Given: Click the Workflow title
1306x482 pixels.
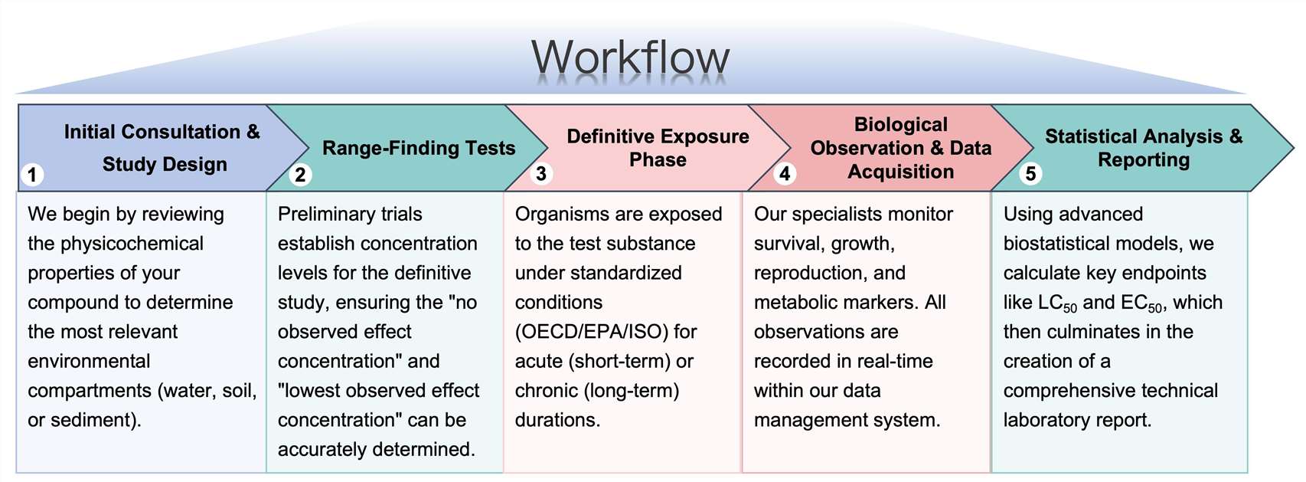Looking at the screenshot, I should [630, 57].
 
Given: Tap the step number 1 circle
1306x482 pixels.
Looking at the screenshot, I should [32, 175].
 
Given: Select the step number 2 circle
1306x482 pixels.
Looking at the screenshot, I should [300, 175].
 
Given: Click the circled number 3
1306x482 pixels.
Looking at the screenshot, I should [541, 174].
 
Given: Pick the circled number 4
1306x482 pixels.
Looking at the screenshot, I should [785, 174].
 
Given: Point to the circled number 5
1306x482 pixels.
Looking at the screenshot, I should [1030, 174].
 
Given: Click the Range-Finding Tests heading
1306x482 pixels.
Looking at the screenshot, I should [419, 148].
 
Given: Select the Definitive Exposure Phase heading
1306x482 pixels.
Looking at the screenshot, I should [658, 148].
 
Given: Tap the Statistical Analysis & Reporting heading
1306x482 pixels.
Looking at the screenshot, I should [1144, 148].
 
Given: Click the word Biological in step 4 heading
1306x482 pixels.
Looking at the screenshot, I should [900, 124].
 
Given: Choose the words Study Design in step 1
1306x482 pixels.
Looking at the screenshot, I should [165, 164].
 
